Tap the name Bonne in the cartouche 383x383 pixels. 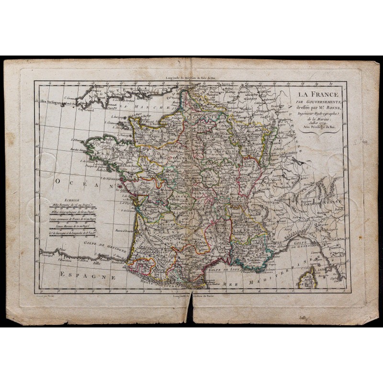pyautogui.click(x=329, y=108)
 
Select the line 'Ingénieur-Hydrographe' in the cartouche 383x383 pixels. pyautogui.click(x=316, y=114)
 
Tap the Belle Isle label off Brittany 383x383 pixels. pyautogui.click(x=101, y=169)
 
